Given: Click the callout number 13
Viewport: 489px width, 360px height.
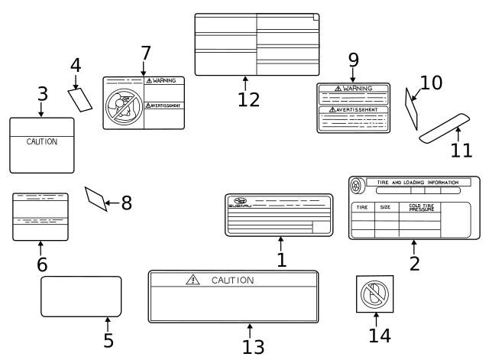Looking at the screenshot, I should coord(253,346).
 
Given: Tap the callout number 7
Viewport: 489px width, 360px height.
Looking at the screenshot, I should coord(145,54).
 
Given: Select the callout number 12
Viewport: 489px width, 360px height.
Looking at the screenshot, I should coord(248,99).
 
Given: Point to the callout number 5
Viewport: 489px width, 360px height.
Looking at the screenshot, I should coord(108,340).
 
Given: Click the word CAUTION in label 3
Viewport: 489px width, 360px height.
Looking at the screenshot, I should coord(41,141).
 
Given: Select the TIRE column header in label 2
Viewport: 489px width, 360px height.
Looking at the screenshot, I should coord(362,207).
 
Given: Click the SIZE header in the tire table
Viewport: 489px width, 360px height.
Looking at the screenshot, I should coord(385,207).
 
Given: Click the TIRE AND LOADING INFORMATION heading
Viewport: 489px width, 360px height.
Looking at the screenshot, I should coord(417,183).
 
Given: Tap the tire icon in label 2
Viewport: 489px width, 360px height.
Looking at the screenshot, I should coord(357,185).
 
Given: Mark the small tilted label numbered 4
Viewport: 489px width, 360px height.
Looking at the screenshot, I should coord(80,99).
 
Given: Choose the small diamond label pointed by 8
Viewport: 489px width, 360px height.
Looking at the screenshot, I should coord(96,199).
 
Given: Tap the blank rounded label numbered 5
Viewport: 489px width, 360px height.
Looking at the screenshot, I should coord(81,296).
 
